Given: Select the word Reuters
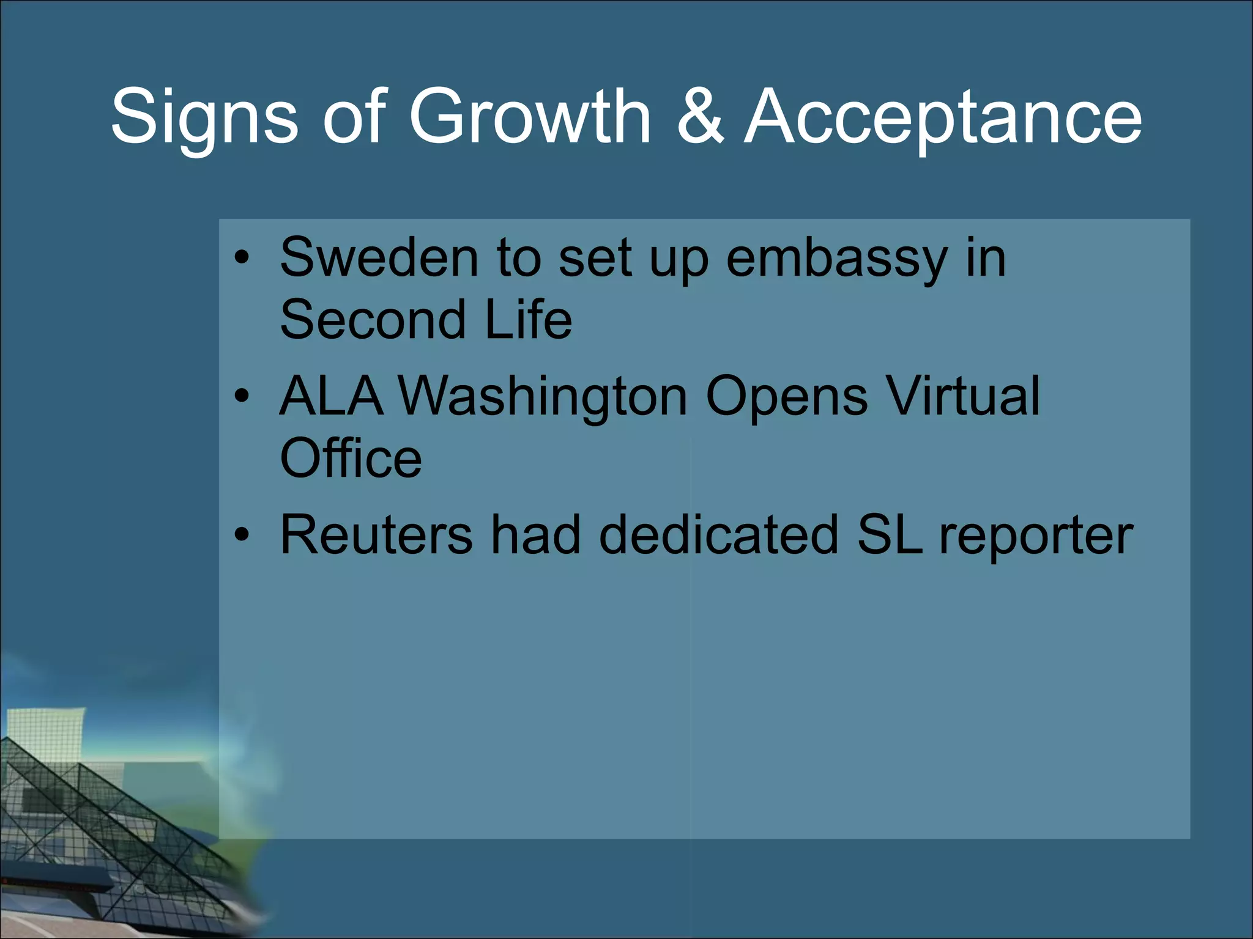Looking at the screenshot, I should pyautogui.click(x=376, y=535).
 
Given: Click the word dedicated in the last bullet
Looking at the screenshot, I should pyautogui.click(x=718, y=535).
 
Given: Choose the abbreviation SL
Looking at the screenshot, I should pyautogui.click(x=889, y=535).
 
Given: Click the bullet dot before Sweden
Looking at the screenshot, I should pyautogui.click(x=242, y=258).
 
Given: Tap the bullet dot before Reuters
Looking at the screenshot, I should pyautogui.click(x=242, y=536).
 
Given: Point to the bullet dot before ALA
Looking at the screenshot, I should pyautogui.click(x=242, y=397).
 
